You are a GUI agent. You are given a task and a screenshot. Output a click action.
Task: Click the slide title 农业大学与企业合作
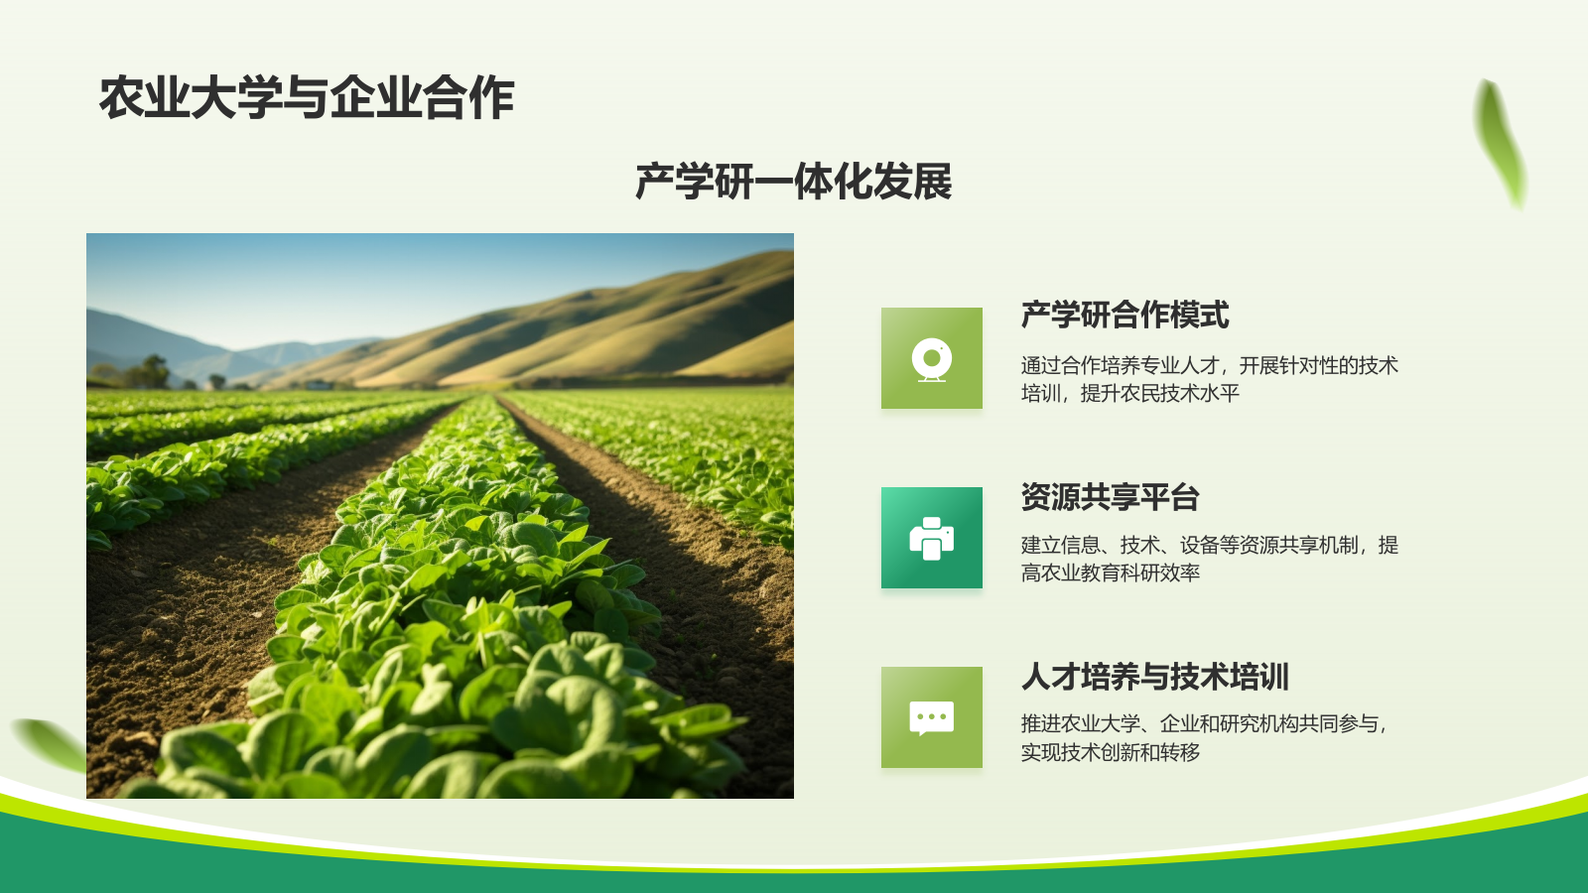[x=307, y=98]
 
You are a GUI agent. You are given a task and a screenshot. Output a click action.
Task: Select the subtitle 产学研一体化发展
[x=793, y=183]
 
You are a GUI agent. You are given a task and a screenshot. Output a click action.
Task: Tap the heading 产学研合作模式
[x=1125, y=316]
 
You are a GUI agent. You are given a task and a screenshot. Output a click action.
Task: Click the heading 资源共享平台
[x=1110, y=497]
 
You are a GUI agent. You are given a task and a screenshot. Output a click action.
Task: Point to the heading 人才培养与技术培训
[x=1154, y=677]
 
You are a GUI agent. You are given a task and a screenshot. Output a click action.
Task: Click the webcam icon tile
[x=931, y=358]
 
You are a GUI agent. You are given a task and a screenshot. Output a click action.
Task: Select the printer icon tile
[x=931, y=538]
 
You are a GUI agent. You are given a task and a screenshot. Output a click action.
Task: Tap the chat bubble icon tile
[x=931, y=717]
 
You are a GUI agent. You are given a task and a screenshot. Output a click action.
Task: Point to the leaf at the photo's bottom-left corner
[x=50, y=743]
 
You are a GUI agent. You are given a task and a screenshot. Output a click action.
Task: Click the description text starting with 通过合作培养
[x=1209, y=379]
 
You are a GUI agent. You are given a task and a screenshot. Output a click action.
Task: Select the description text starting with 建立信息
[x=1209, y=559]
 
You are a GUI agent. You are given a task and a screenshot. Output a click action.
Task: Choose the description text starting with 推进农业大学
[x=1203, y=737]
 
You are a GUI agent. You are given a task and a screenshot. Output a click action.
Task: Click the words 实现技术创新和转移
[x=1110, y=752]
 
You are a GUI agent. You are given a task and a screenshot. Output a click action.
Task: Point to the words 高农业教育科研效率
[x=1110, y=573]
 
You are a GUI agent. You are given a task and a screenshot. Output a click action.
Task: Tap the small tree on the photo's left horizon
[x=154, y=369]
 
